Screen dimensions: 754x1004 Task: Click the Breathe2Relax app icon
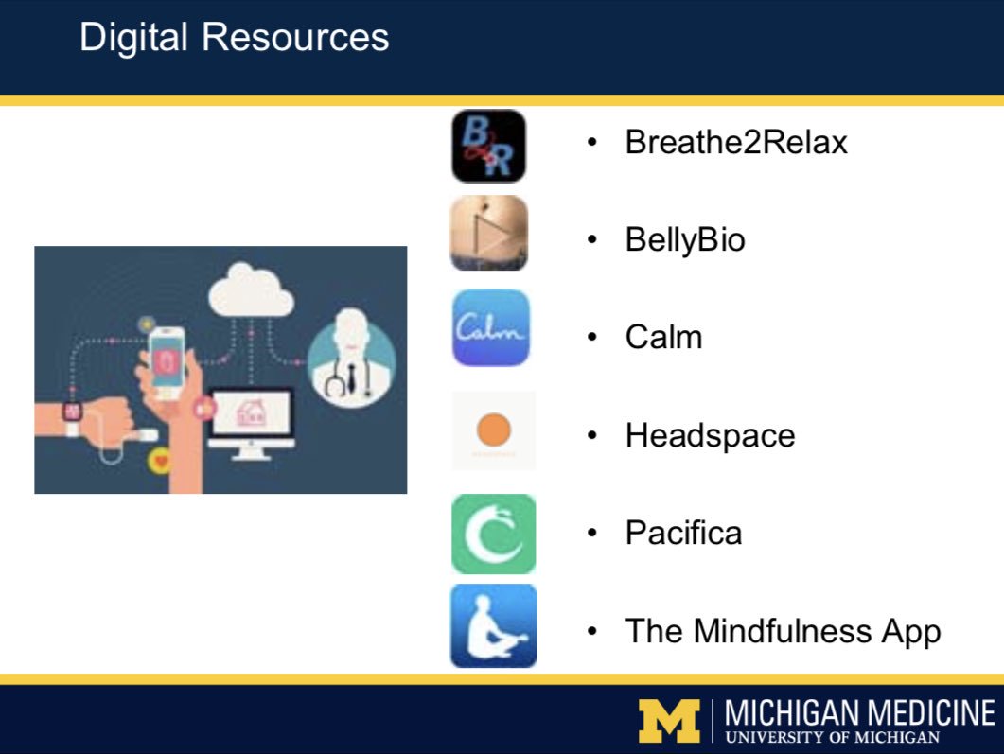coord(488,146)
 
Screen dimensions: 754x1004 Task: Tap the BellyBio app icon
coord(488,233)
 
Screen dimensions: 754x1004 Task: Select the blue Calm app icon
coord(490,327)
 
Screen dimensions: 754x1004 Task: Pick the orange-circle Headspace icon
coord(493,431)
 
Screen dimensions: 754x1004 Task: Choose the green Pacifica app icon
coord(493,534)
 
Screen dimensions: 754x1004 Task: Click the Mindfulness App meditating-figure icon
coord(493,625)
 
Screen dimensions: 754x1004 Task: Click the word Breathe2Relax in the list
coord(736,142)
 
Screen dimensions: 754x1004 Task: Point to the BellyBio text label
coord(685,239)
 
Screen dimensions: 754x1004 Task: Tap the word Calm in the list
coord(663,337)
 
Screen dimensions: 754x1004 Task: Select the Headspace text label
coord(710,435)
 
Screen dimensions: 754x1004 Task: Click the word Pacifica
coord(683,533)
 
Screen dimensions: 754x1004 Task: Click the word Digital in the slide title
coord(134,38)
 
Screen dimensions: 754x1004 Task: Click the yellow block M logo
coord(669,721)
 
